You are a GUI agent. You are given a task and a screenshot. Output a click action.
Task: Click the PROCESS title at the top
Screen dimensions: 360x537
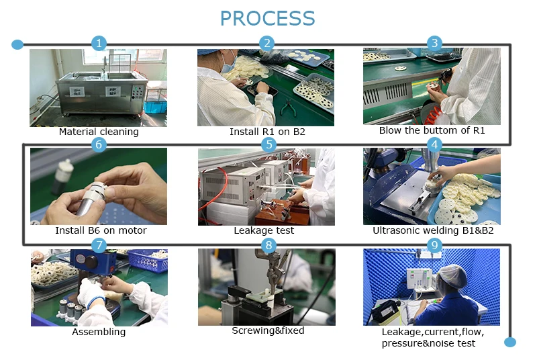267,18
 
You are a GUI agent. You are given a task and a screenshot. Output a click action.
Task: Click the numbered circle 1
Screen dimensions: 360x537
99,44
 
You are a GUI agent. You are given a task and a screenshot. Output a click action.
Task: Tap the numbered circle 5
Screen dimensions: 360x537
268,144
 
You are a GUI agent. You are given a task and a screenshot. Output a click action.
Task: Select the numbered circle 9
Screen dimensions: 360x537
434,245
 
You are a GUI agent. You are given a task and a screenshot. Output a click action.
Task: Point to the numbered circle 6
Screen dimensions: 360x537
99,144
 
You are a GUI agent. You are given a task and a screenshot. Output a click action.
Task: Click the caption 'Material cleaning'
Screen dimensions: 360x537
99,132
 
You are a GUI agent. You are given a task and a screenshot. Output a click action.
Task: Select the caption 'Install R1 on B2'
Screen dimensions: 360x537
267,132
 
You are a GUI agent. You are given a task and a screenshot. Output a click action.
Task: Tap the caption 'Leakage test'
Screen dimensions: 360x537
264,231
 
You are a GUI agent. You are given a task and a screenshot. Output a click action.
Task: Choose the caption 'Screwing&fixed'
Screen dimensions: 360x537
268,330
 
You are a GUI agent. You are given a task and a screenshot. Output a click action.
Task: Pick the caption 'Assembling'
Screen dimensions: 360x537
99,332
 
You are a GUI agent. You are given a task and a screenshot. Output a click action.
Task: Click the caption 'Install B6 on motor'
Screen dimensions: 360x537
101,231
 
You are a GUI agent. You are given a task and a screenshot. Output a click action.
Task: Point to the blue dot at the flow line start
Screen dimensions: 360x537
17,45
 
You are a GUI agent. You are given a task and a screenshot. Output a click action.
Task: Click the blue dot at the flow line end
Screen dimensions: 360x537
510,343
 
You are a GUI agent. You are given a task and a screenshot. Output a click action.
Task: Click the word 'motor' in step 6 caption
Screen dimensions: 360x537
132,231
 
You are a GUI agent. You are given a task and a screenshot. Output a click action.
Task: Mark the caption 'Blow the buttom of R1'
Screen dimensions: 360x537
432,130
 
